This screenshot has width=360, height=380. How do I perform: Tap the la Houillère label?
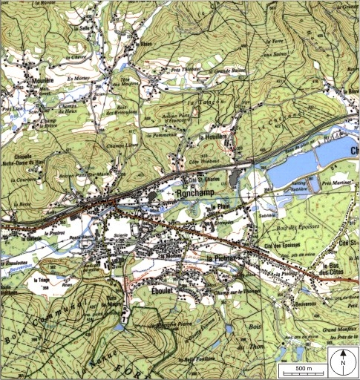(x=213, y=137)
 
